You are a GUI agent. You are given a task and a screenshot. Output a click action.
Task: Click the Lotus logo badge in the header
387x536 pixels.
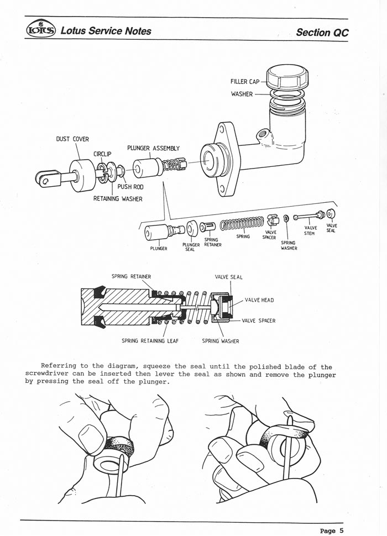pos(40,30)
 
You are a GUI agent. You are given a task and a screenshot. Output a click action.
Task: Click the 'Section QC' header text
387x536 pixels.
pos(322,32)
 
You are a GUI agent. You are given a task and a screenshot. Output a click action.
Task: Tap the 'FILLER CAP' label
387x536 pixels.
pos(245,82)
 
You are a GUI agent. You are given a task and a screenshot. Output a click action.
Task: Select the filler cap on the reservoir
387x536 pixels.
pos(286,77)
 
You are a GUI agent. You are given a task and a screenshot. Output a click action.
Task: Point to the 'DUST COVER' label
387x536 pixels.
pos(72,139)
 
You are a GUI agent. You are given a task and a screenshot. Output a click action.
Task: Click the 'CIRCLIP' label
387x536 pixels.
pos(103,154)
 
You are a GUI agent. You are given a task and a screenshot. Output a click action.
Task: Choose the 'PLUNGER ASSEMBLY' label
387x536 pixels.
pos(153,148)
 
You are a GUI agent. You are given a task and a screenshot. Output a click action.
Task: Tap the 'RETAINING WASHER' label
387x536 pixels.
pos(118,199)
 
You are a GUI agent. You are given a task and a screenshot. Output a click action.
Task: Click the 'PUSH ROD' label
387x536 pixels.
pos(130,187)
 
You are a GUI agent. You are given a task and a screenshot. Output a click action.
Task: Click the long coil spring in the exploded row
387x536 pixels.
pos(242,224)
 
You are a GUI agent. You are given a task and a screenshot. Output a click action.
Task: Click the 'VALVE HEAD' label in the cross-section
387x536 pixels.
pos(259,300)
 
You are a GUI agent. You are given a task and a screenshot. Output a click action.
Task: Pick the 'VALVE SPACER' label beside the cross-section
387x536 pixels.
pos(258,320)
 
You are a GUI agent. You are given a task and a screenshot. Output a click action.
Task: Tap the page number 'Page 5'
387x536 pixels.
pos(332,530)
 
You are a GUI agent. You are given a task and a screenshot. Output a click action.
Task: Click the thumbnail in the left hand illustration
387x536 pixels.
pos(91,434)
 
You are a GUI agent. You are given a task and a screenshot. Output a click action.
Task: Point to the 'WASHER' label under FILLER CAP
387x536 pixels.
pos(242,94)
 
